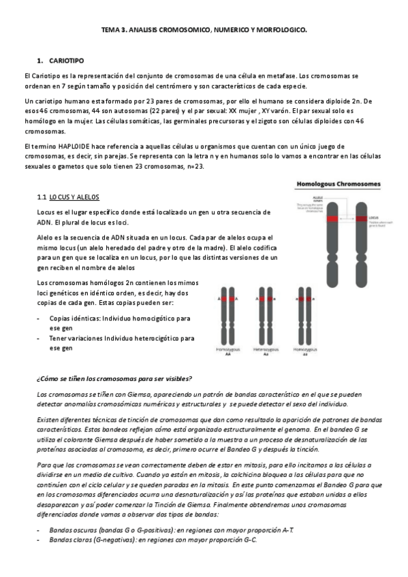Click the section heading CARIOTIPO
[x=67, y=61]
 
